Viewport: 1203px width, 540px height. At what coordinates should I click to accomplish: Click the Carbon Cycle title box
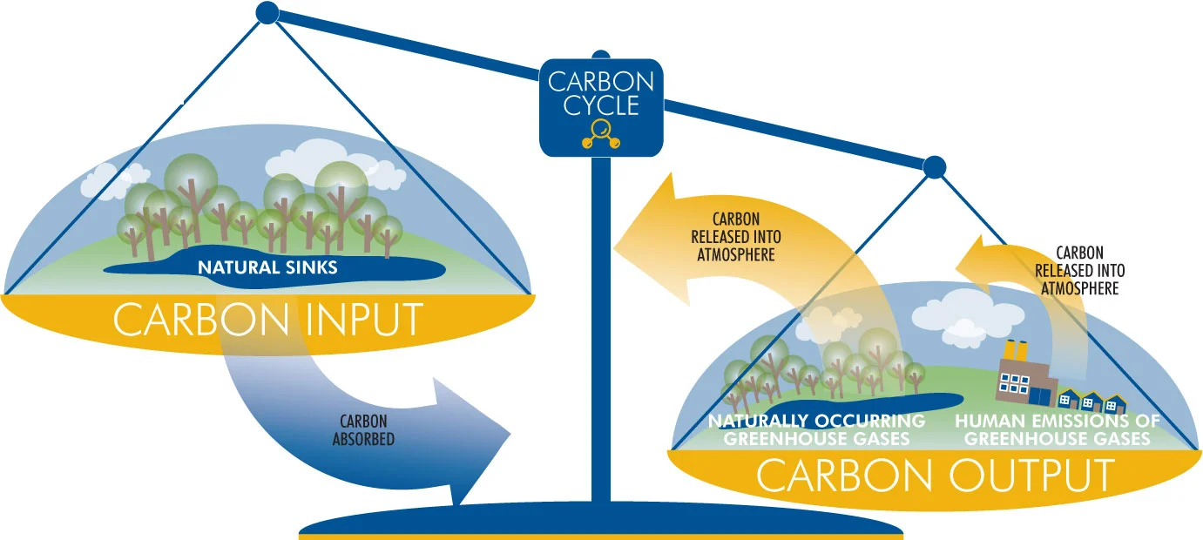click(601, 107)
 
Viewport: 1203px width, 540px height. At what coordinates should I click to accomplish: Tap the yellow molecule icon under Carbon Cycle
click(601, 134)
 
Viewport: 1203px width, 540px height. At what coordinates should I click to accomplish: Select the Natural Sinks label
click(267, 267)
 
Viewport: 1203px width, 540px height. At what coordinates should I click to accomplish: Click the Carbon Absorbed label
click(363, 430)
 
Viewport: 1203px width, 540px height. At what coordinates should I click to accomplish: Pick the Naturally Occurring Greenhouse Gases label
click(817, 429)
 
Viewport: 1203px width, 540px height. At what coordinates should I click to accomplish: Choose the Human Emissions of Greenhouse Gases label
click(1057, 429)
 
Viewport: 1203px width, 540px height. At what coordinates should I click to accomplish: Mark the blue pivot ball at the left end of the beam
click(267, 13)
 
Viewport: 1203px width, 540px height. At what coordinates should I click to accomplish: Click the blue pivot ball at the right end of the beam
click(935, 167)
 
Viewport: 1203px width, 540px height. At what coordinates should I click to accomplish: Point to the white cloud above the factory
click(968, 316)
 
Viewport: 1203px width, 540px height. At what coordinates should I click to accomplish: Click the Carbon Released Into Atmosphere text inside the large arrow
click(736, 237)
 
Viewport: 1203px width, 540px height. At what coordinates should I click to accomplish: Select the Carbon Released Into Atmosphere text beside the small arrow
click(1079, 271)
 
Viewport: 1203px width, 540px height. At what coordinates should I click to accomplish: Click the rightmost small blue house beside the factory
click(1115, 403)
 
